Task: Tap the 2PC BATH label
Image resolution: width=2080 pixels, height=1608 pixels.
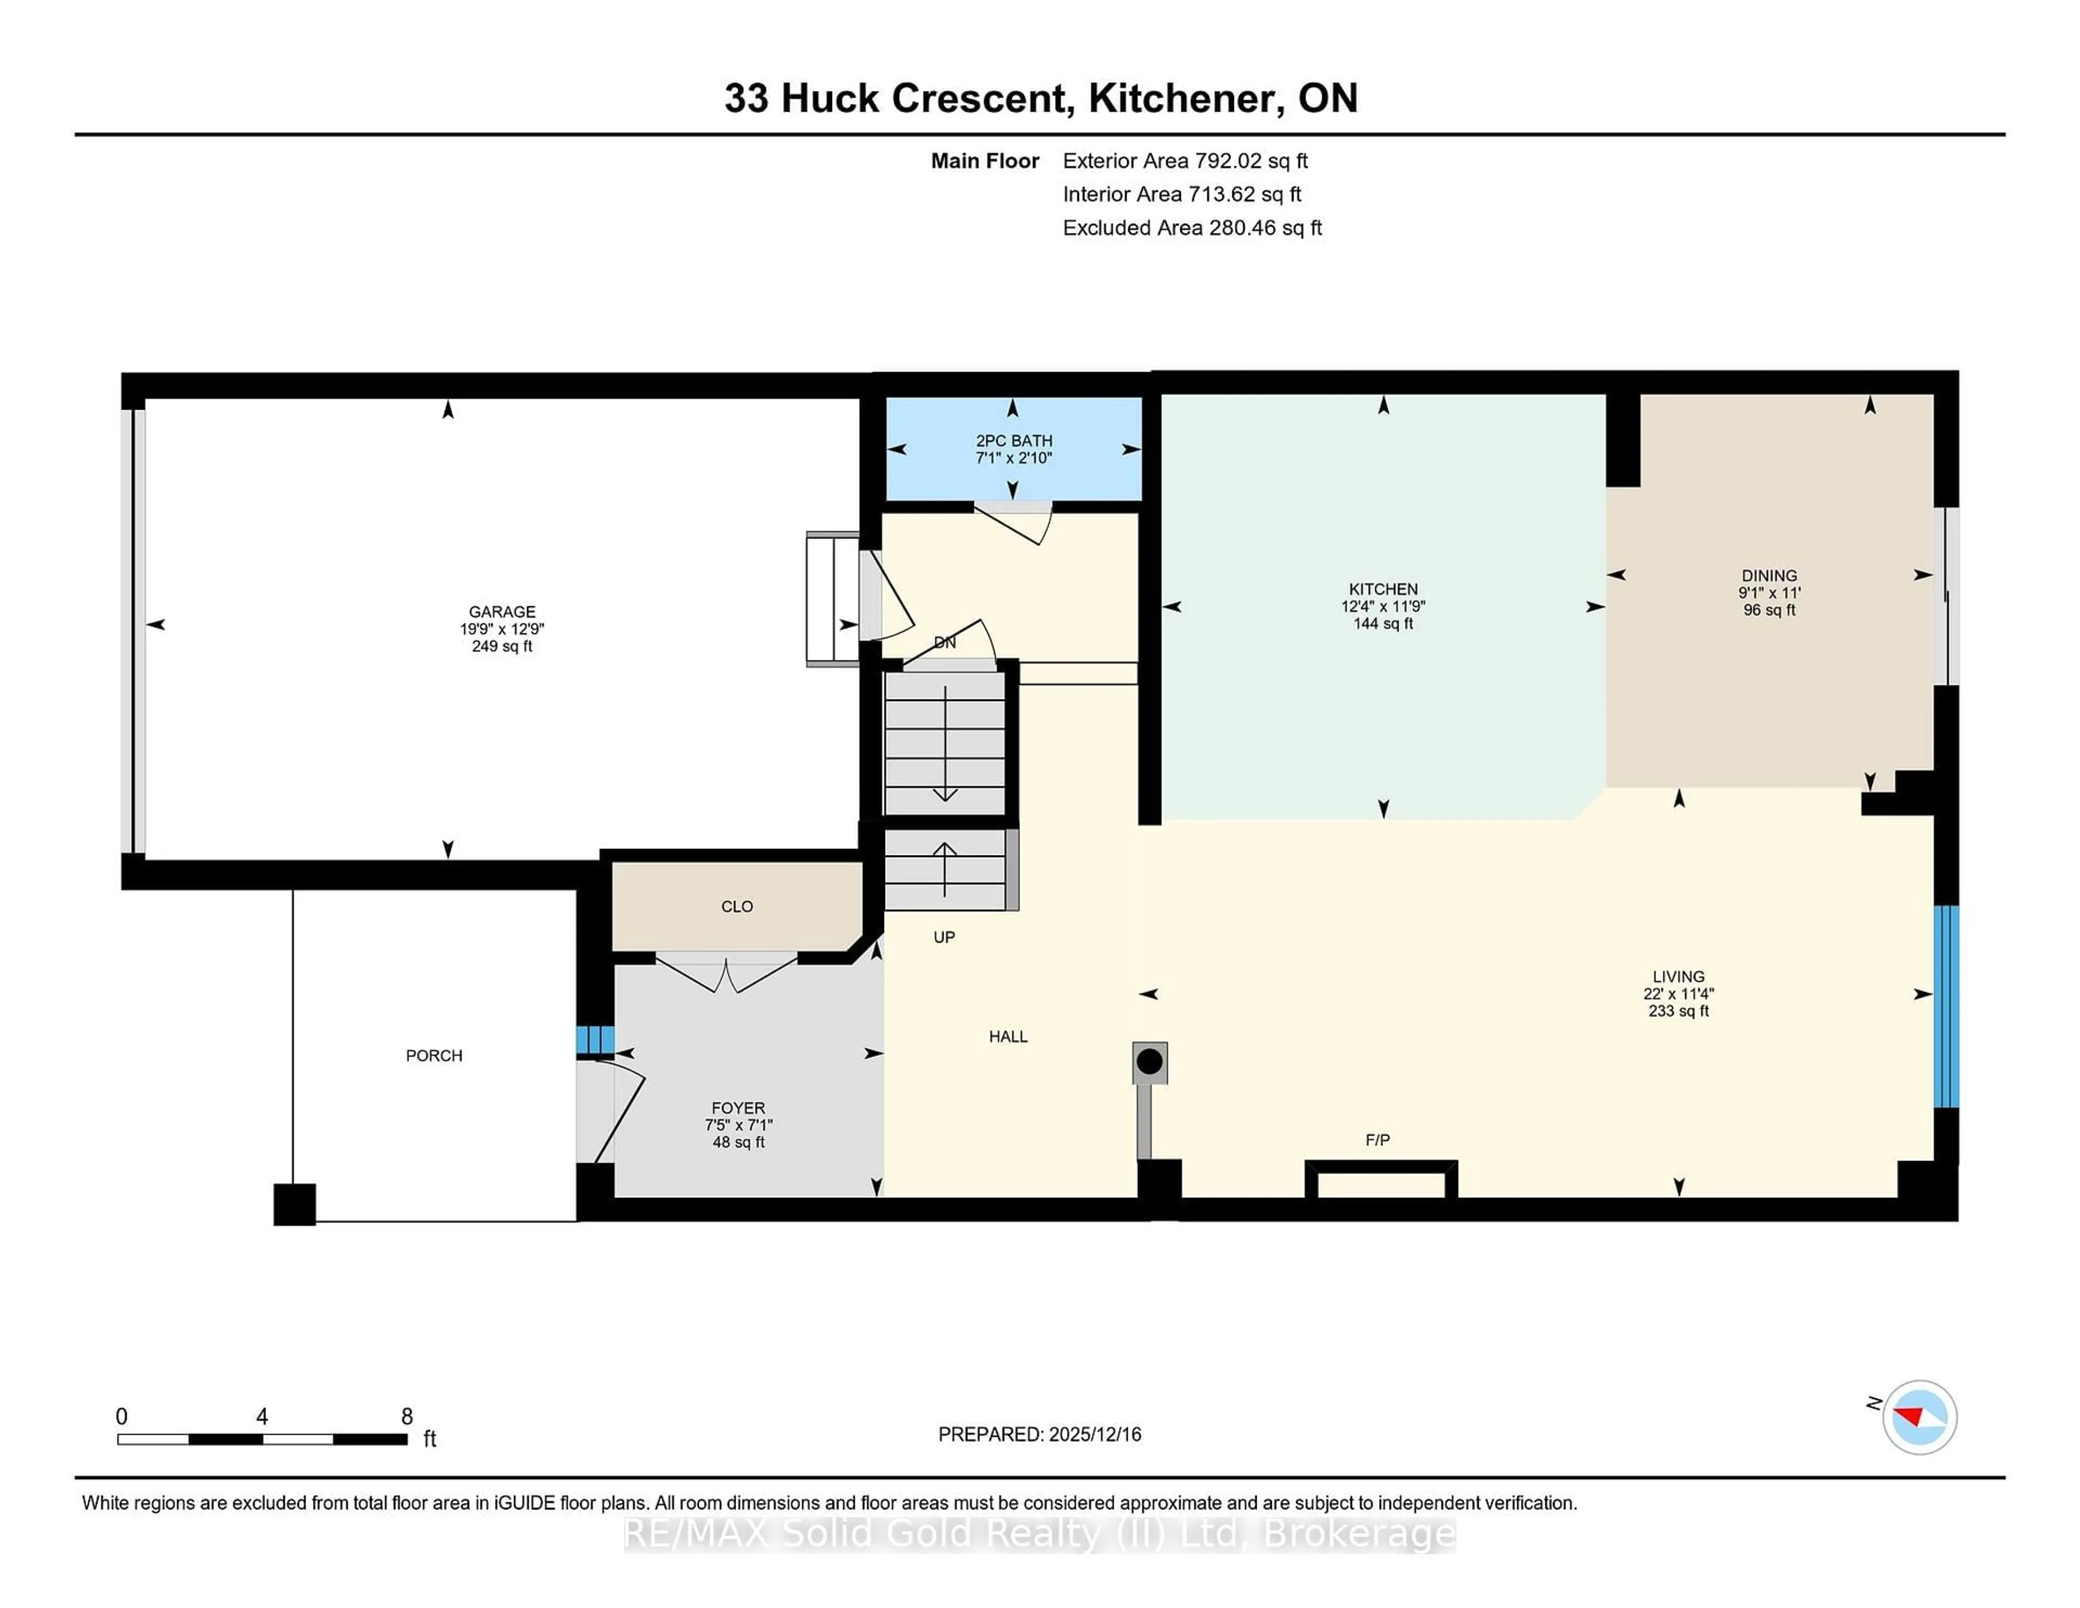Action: pyautogui.click(x=1013, y=440)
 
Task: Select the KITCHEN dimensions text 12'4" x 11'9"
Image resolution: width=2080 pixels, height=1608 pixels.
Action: pyautogui.click(x=1383, y=606)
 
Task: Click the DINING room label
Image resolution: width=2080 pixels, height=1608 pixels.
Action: pyautogui.click(x=1769, y=575)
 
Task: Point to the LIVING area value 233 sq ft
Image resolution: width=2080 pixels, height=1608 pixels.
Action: pyautogui.click(x=1678, y=1011)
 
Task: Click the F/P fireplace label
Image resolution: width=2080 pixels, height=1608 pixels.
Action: pyautogui.click(x=1377, y=1139)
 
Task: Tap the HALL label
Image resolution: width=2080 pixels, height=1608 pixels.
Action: pyautogui.click(x=1007, y=1036)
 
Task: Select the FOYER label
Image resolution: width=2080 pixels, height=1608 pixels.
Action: pyautogui.click(x=738, y=1108)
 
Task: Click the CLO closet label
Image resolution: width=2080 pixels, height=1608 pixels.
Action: pyautogui.click(x=736, y=906)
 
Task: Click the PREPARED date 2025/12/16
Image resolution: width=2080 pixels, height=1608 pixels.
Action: pyautogui.click(x=1093, y=1434)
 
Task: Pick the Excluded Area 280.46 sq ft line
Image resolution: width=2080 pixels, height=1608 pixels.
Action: pyautogui.click(x=1192, y=228)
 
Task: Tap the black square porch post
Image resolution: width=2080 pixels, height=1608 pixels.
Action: pyautogui.click(x=294, y=1204)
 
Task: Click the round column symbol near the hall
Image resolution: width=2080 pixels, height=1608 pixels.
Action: pyautogui.click(x=1149, y=1061)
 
